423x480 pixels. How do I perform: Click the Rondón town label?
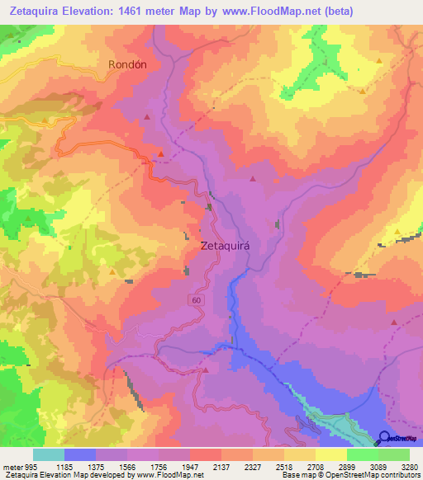tap(127, 64)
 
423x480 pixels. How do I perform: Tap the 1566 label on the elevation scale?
tap(127, 467)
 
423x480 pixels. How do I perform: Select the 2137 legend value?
tap(221, 467)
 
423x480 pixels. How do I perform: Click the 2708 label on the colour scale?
tap(316, 467)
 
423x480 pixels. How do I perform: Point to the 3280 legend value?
tap(410, 467)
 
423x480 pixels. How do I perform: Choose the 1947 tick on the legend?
tap(190, 467)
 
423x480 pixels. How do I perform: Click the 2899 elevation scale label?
tap(347, 467)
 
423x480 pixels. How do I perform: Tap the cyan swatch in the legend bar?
tap(49, 454)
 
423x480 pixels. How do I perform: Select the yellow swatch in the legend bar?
tap(330, 454)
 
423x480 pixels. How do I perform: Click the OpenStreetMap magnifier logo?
tap(384, 438)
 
